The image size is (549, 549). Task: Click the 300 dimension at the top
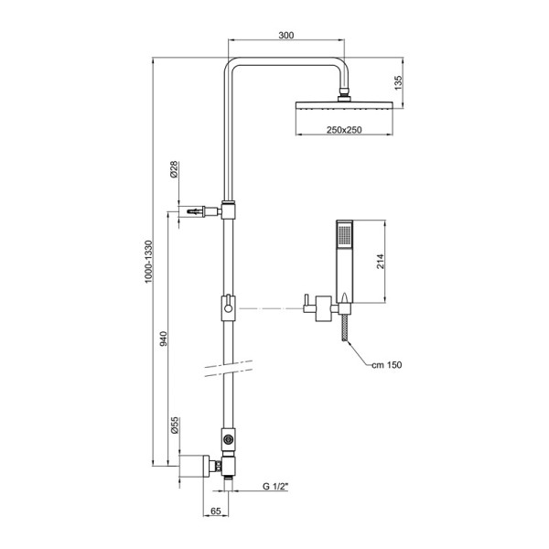point(286,34)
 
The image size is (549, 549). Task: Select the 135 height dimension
point(397,82)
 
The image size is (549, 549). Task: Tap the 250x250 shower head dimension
point(346,132)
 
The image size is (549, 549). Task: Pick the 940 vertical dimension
point(165,337)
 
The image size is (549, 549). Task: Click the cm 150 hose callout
point(385,365)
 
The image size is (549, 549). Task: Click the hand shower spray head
point(344,235)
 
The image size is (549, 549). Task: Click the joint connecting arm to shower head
point(345,92)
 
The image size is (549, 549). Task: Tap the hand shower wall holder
point(320,306)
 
